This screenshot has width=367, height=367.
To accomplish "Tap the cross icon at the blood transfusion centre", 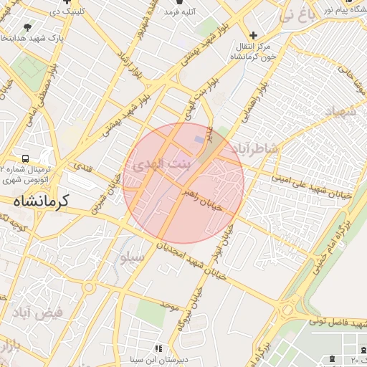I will click(x=252, y=35).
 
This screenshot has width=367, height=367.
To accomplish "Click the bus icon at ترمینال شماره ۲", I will click(x=26, y=158).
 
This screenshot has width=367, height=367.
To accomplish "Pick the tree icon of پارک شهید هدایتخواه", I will click(x=28, y=27).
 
